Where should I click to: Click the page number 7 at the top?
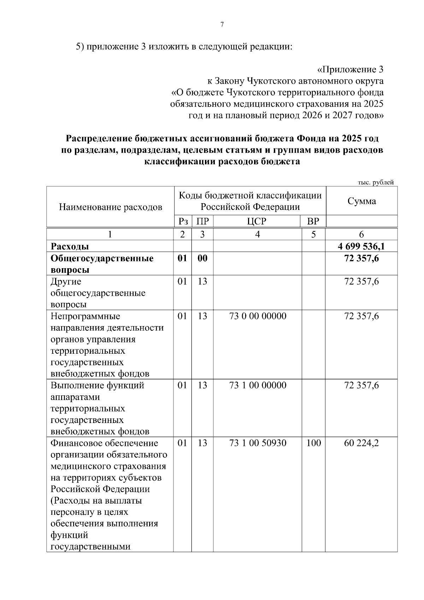(x=222, y=25)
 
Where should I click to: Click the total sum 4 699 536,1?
(x=361, y=246)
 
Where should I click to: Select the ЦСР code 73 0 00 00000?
(x=258, y=316)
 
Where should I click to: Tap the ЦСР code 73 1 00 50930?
(x=258, y=443)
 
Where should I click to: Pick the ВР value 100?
(x=313, y=443)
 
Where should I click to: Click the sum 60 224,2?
(x=361, y=443)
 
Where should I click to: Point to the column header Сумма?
(x=361, y=201)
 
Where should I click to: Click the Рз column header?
(x=183, y=222)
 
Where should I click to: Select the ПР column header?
(x=202, y=222)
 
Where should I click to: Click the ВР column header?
(x=313, y=222)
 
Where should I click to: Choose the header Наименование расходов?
(x=110, y=207)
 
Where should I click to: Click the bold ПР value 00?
(x=202, y=258)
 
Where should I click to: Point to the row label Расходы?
(x=70, y=246)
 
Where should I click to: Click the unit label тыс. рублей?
(x=376, y=182)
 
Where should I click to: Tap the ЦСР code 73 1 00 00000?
(x=258, y=385)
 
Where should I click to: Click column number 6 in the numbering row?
(x=361, y=234)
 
